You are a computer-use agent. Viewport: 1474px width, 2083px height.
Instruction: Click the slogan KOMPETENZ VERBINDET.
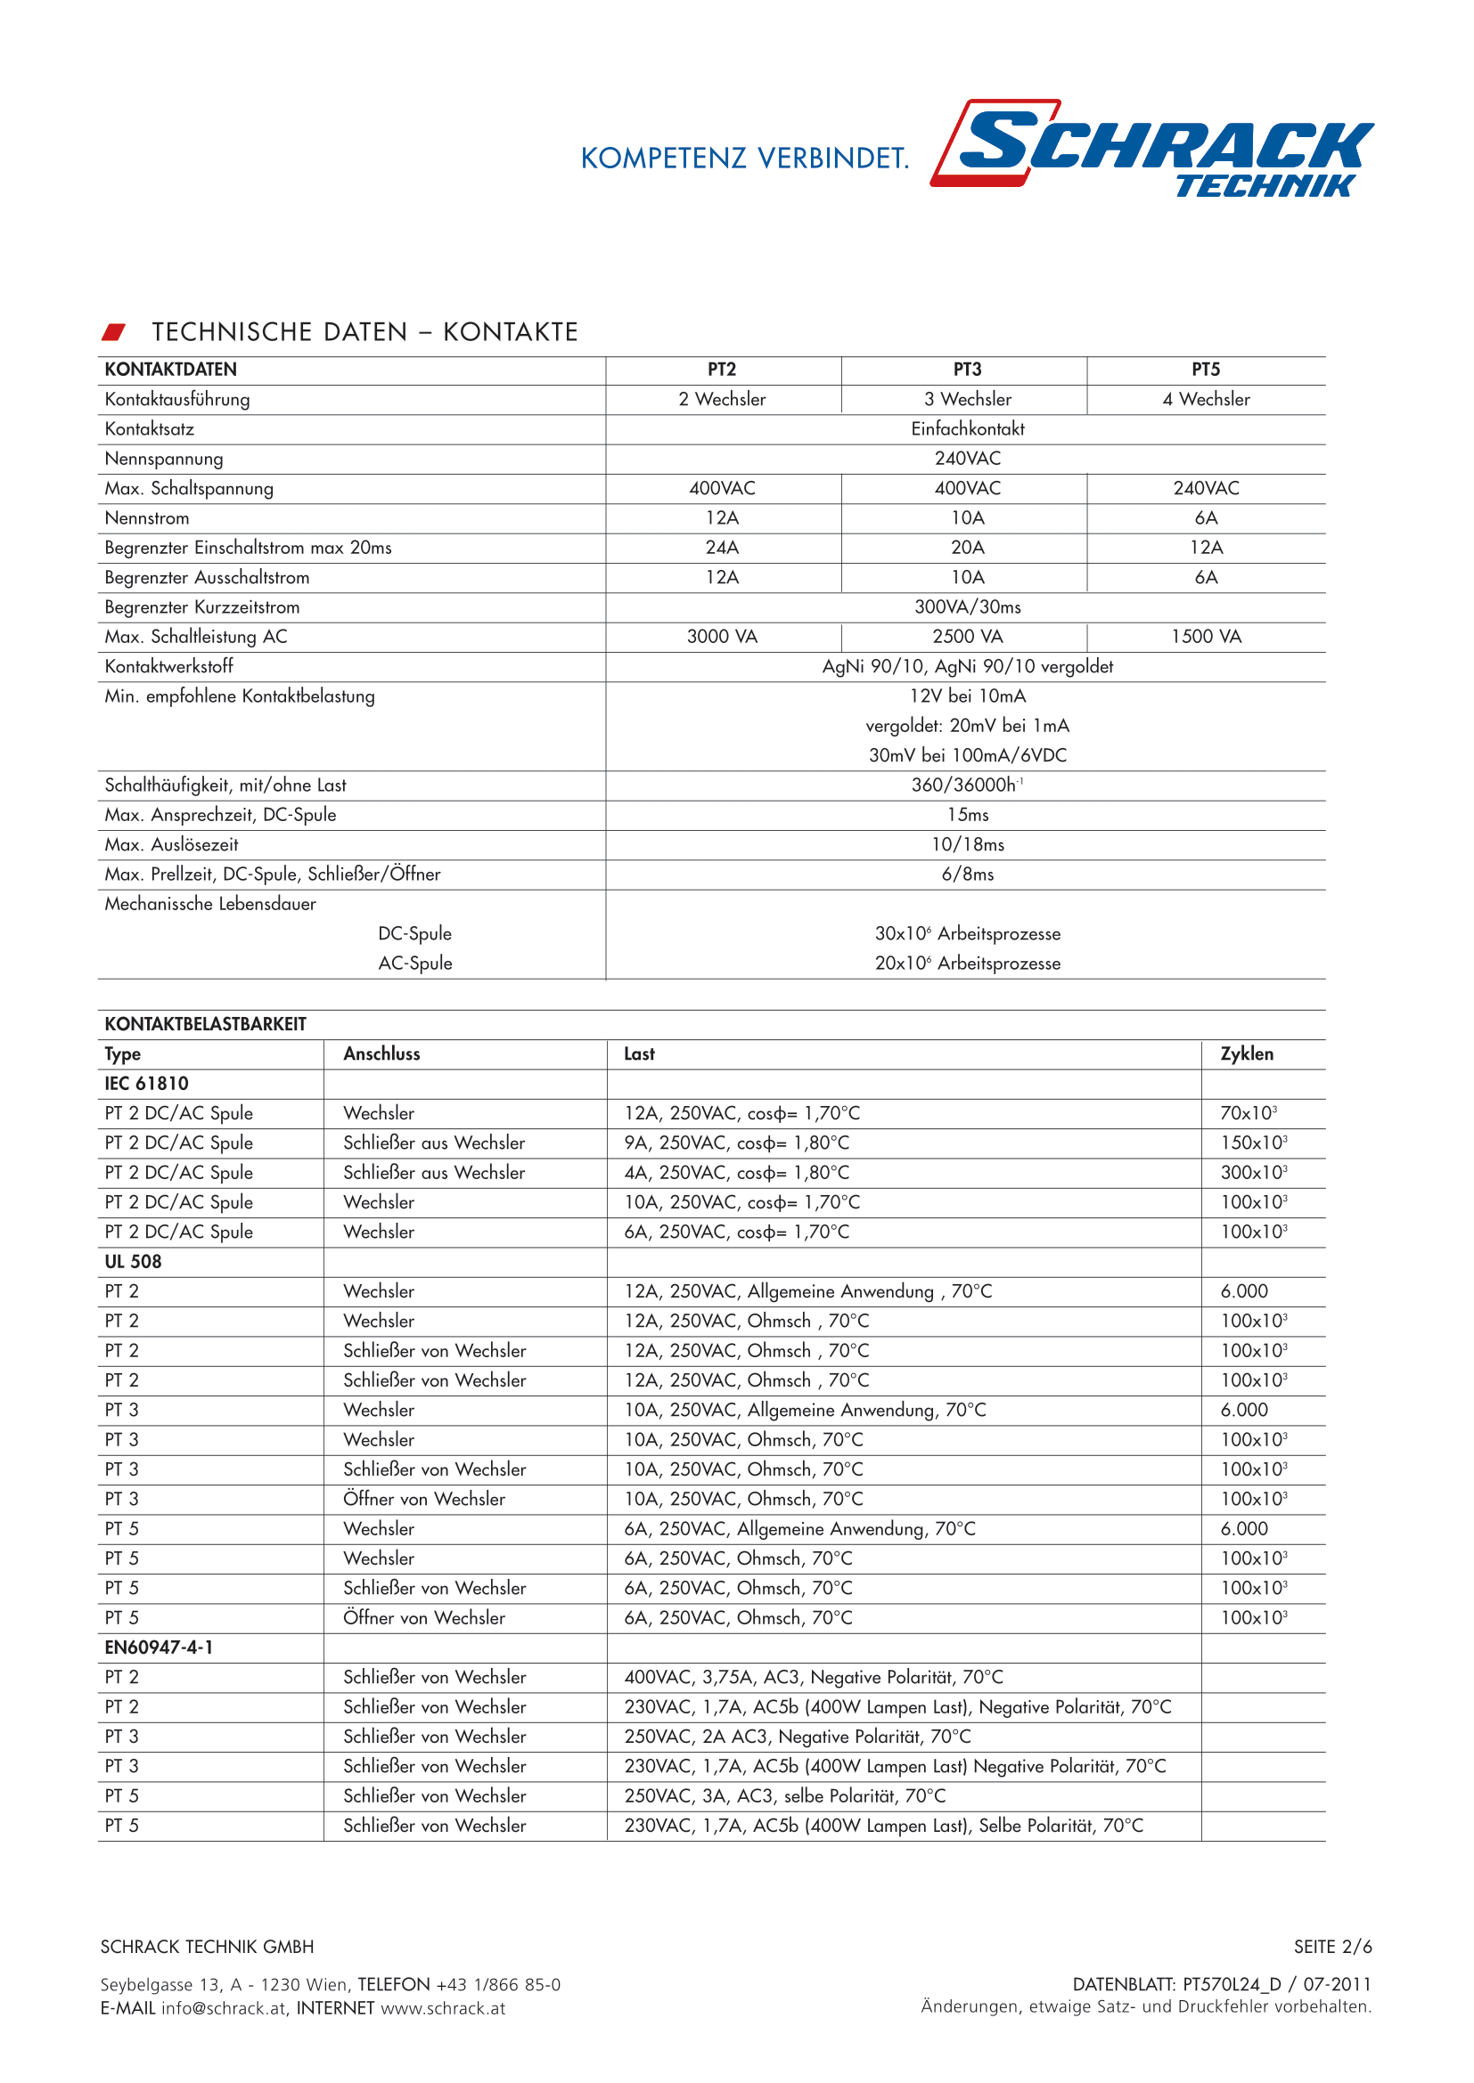pos(744,159)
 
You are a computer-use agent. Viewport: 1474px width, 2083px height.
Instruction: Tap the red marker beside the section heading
pos(113,332)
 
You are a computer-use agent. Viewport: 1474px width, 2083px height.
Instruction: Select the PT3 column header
pos(967,370)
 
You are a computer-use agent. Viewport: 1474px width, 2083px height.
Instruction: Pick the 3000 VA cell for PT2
pos(722,637)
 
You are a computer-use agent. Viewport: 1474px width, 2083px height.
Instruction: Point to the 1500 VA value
pos(1206,637)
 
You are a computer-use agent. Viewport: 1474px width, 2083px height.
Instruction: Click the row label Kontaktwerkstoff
pos(168,667)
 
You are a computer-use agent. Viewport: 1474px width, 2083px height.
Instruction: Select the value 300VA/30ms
pos(967,607)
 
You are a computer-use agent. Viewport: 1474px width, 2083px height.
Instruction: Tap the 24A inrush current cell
pos(722,548)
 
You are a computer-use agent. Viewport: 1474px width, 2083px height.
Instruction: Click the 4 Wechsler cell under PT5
pos(1206,399)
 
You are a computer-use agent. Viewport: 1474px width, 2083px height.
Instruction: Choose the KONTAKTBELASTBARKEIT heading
pos(205,1024)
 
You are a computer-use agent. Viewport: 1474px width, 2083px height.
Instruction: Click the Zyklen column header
pos(1246,1054)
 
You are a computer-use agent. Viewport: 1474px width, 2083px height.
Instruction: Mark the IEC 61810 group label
pos(146,1083)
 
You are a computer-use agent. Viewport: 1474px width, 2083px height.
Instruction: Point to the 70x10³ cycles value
pos(1248,1113)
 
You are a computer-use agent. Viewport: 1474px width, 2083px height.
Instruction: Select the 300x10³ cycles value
pos(1254,1173)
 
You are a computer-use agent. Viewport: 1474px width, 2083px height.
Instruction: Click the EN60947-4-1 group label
pos(159,1648)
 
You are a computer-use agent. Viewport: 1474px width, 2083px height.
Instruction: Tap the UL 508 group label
pos(133,1262)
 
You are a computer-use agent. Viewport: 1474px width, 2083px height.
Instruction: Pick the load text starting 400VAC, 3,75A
pos(814,1678)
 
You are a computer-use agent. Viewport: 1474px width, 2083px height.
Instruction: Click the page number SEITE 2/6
pos(1332,1947)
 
